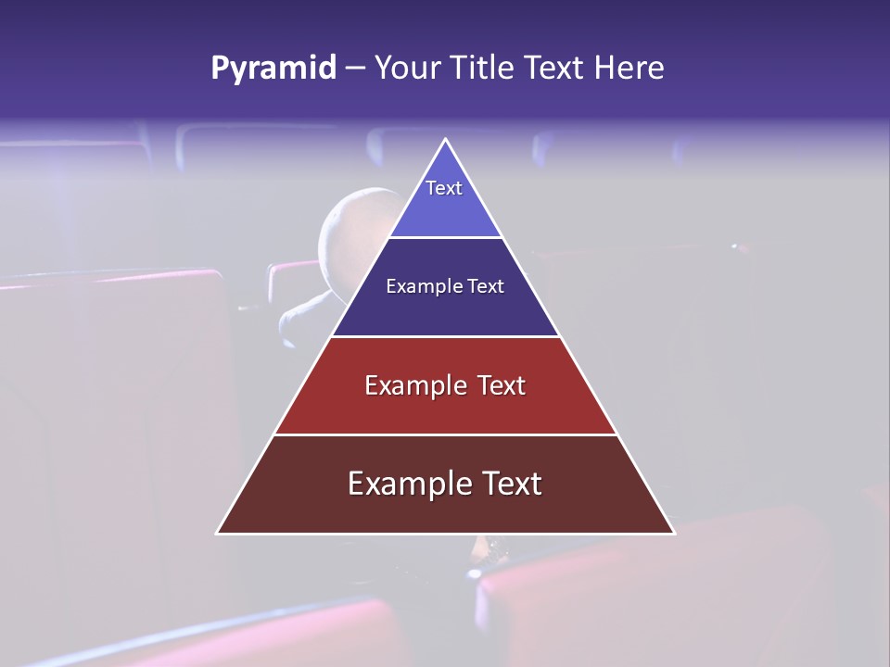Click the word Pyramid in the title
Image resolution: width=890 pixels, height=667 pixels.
(x=273, y=69)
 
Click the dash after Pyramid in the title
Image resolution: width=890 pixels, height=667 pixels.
(x=355, y=69)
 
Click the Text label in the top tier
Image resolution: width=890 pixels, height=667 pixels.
(x=444, y=188)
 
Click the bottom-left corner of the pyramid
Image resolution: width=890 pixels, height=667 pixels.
(x=219, y=533)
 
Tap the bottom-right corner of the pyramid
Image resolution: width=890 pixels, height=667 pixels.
(x=672, y=533)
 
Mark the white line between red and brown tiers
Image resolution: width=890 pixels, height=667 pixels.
(x=445, y=434)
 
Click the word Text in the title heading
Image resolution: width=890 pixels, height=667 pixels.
(x=555, y=69)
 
